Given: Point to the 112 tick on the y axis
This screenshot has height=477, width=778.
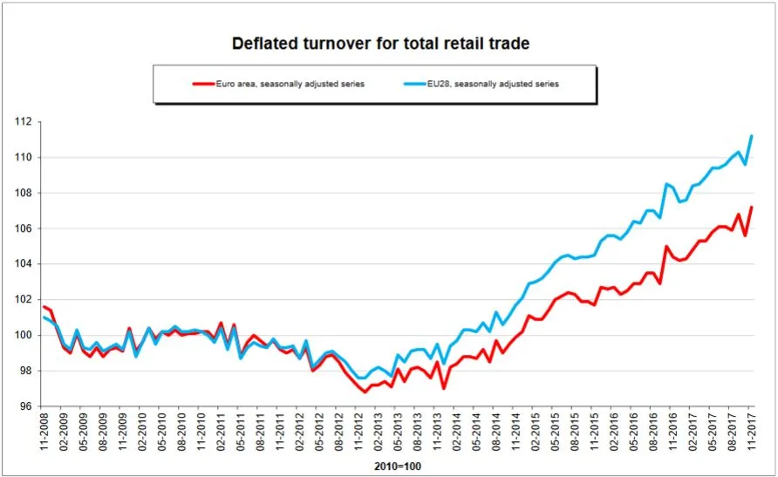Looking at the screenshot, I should pos(24,122).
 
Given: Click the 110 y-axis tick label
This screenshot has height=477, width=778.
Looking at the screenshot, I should pos(24,158).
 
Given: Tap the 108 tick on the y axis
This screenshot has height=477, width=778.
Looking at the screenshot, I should pos(24,194).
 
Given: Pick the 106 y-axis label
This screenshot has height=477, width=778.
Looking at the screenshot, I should pos(24,228).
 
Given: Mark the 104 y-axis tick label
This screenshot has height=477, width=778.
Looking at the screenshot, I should pos(24,264).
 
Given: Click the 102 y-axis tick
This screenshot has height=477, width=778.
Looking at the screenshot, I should pos(24,300).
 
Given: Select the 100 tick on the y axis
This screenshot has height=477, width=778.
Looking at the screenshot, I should pos(24,336).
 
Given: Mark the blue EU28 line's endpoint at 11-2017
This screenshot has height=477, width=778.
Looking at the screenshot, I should pos(752,136).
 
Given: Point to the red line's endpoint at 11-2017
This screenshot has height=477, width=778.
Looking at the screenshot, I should pos(752,208).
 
